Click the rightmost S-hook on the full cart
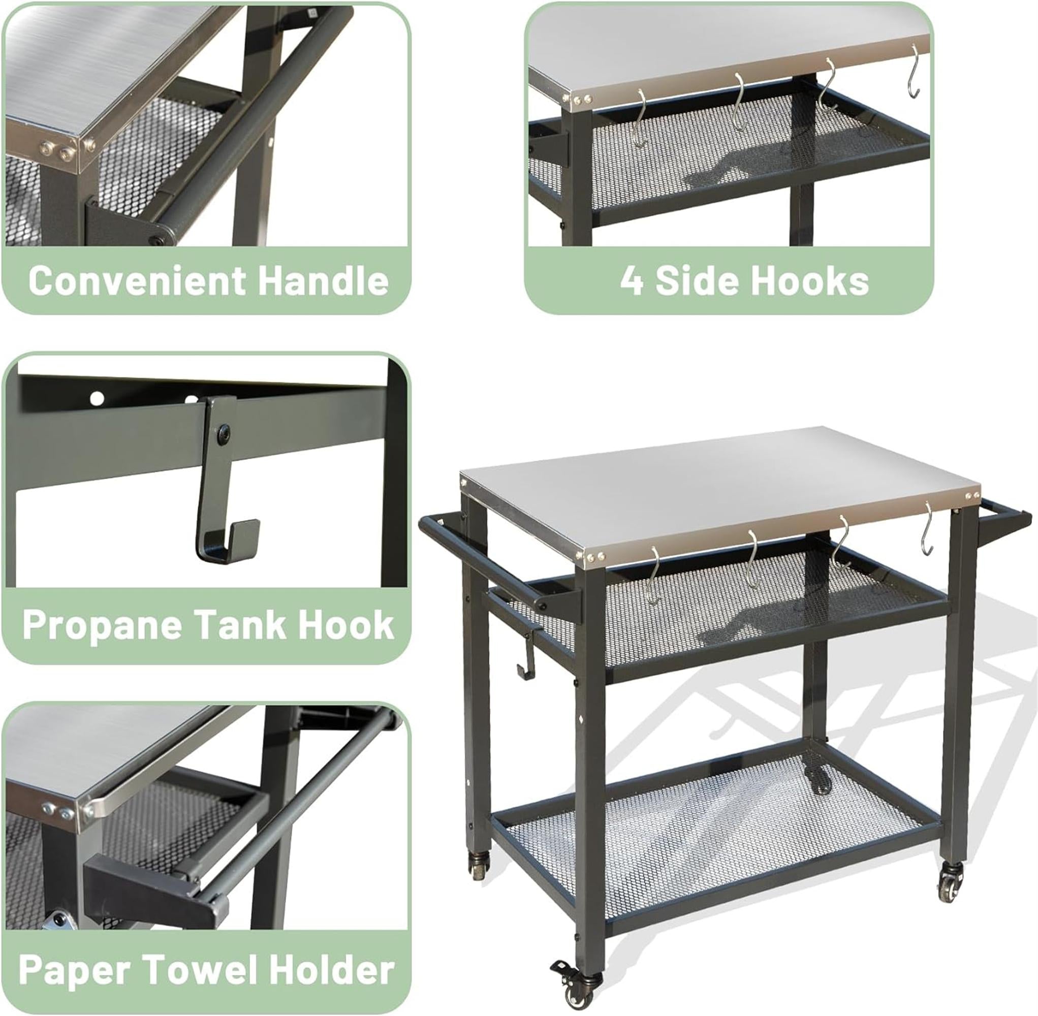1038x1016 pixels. coord(928,533)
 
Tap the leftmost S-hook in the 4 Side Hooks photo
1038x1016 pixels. coord(639,117)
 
